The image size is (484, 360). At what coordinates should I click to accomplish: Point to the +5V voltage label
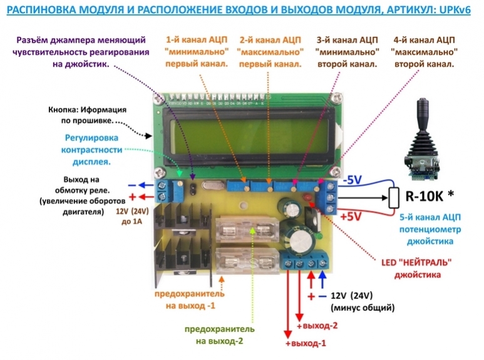coord(354,216)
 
